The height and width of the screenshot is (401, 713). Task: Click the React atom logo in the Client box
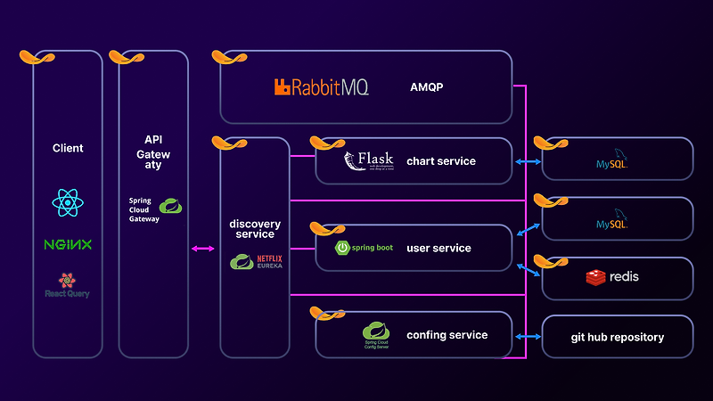(x=68, y=203)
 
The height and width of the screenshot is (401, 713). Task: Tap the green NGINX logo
(x=68, y=244)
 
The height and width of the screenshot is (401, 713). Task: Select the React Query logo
(x=68, y=286)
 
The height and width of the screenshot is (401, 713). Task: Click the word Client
(x=68, y=148)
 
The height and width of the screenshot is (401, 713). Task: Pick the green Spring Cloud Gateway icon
(x=170, y=207)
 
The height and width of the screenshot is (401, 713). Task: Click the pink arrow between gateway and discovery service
(x=203, y=249)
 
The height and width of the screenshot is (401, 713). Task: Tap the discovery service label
(x=255, y=229)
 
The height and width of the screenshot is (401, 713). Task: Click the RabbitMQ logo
(x=321, y=87)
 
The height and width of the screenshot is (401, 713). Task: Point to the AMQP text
(x=427, y=87)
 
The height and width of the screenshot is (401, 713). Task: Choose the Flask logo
(x=368, y=162)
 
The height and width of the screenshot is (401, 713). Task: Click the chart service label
(x=441, y=161)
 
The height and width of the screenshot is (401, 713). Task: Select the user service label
(x=438, y=248)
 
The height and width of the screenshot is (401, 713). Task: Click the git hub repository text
(x=618, y=338)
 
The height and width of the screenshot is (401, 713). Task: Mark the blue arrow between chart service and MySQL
(x=528, y=162)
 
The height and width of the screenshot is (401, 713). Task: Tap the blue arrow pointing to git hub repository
(x=529, y=338)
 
